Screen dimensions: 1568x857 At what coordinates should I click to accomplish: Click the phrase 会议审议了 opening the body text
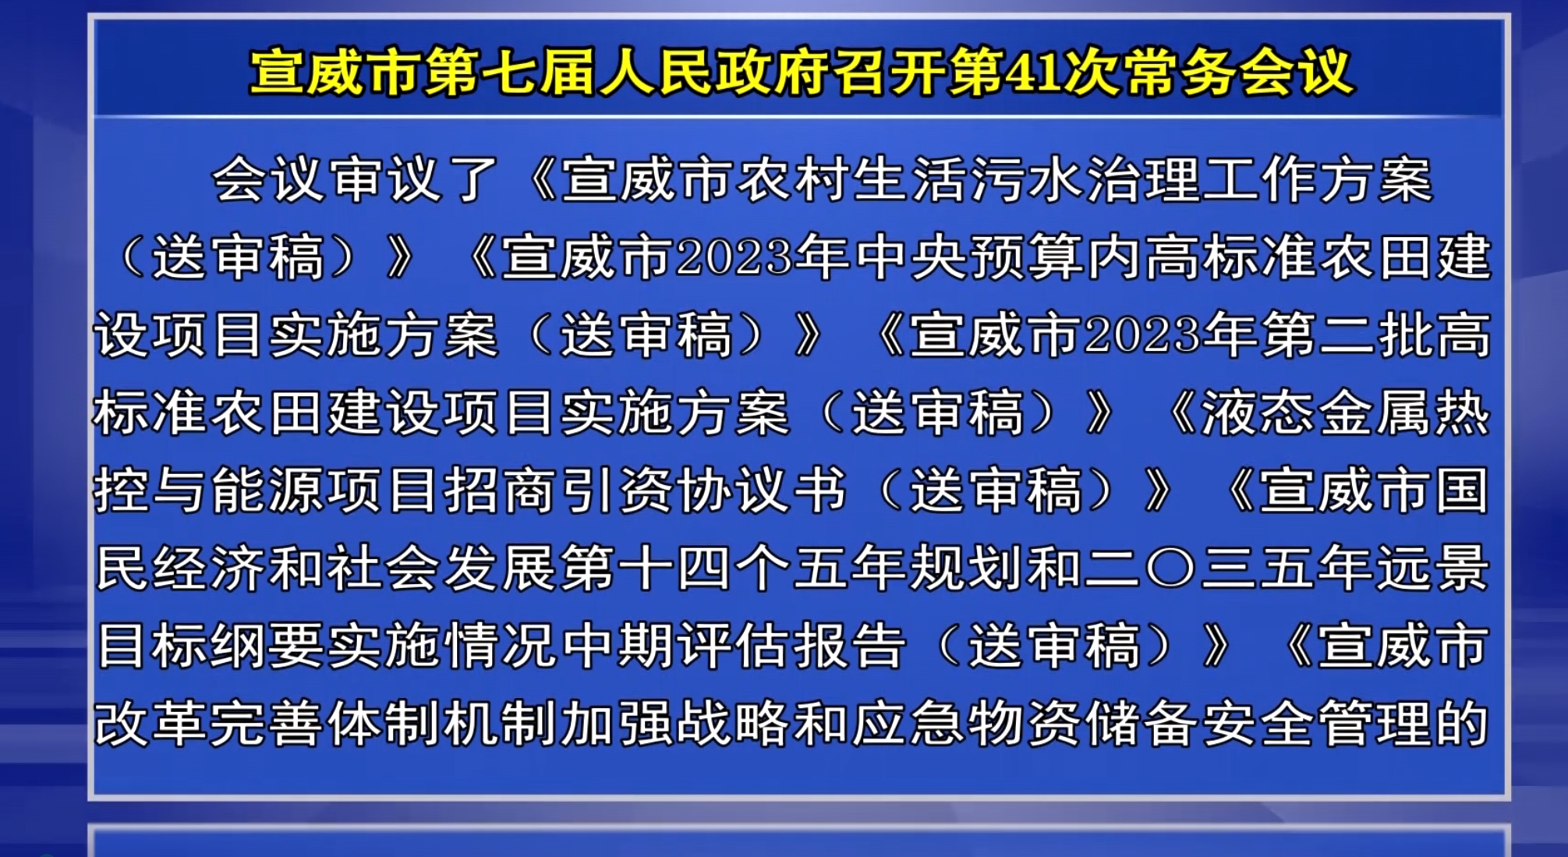(355, 179)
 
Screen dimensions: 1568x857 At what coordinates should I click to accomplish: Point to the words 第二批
(1347, 335)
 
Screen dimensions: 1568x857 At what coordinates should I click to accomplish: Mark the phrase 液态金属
(1288, 413)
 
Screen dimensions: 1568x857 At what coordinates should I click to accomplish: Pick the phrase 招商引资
(558, 491)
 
